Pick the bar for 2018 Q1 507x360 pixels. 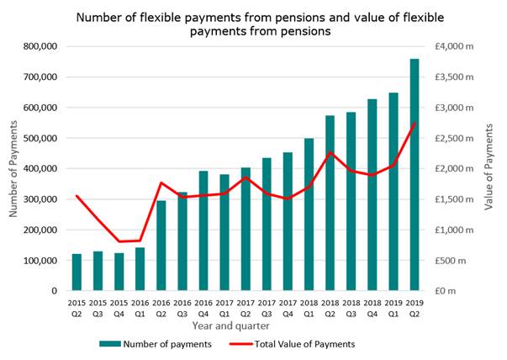click(x=309, y=214)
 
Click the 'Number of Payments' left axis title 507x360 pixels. click(x=14, y=168)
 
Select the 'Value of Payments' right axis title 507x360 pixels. click(x=490, y=168)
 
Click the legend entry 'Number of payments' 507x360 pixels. click(x=155, y=343)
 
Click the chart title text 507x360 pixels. click(x=252, y=23)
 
